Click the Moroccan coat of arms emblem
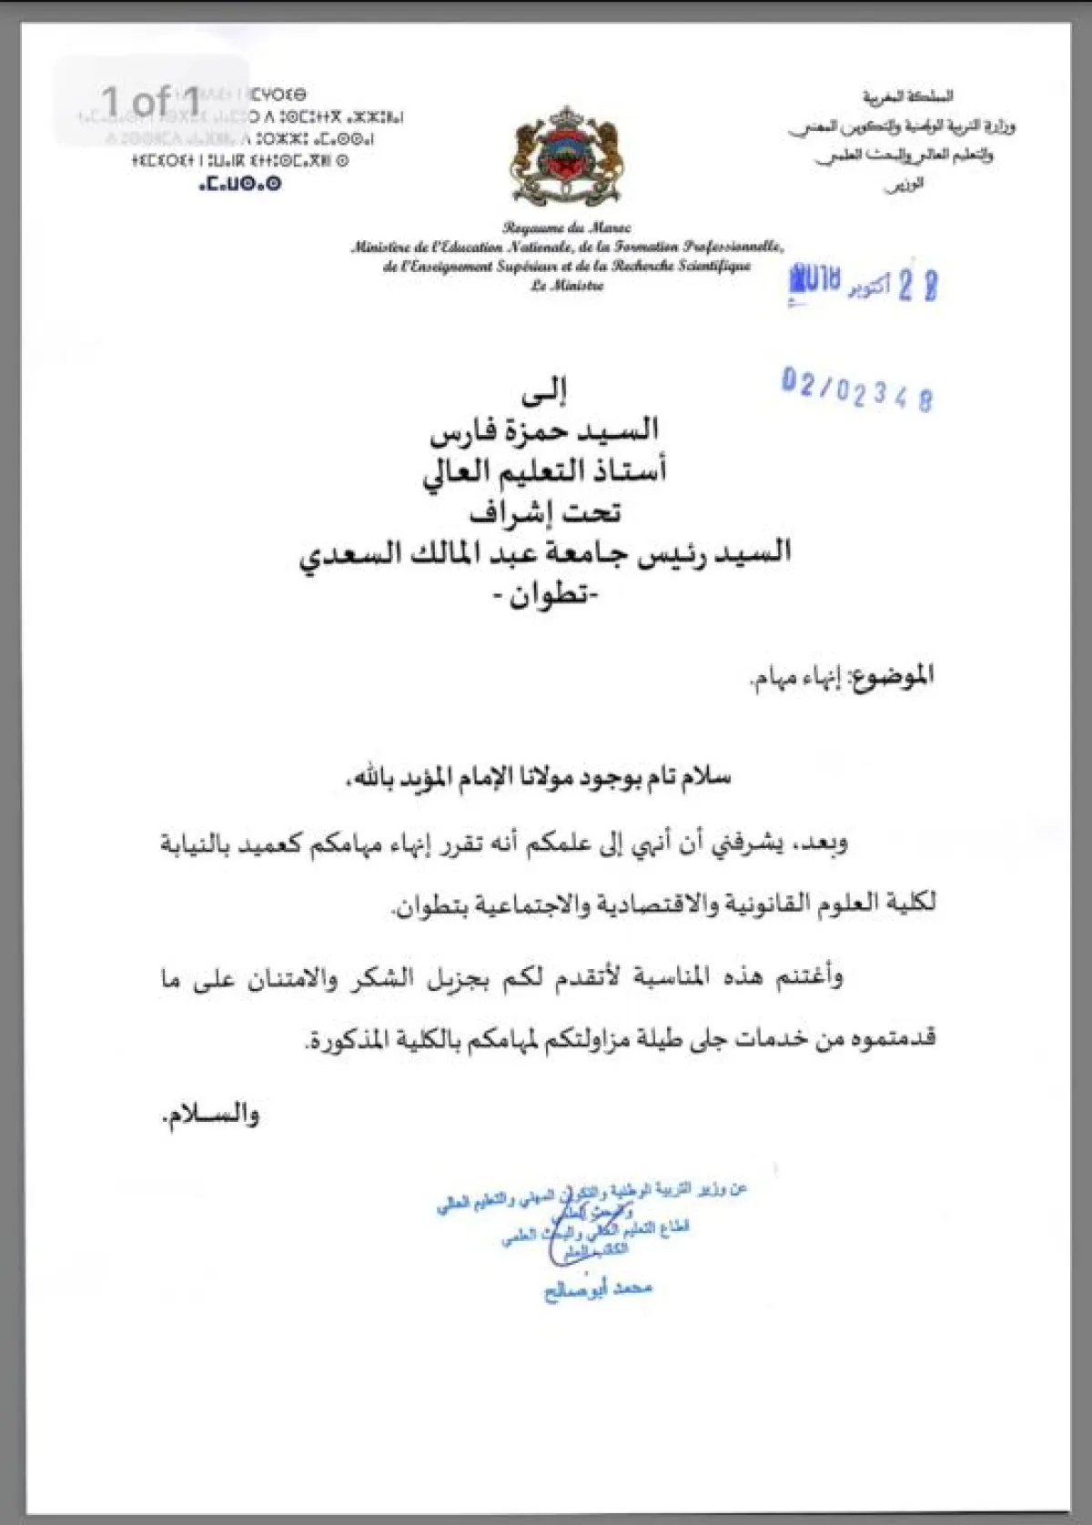click(568, 157)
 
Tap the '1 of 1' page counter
click(151, 101)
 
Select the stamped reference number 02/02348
click(857, 389)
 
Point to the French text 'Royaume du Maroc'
click(567, 227)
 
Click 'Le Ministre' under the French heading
click(567, 286)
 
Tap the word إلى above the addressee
click(544, 391)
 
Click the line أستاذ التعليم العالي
click(544, 471)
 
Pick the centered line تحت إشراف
click(544, 513)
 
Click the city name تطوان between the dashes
click(544, 596)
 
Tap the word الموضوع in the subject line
click(892, 675)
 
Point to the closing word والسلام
click(211, 1115)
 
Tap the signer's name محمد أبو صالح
click(598, 1289)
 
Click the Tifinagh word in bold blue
click(240, 184)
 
